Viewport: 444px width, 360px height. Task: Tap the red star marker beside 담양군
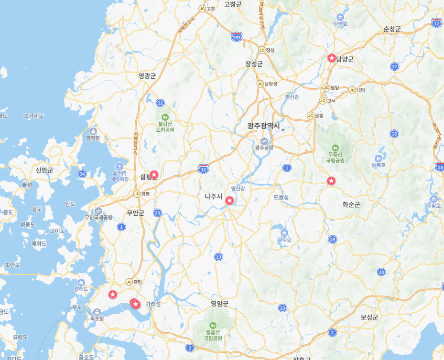[332, 58]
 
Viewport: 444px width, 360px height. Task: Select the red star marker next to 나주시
[230, 201]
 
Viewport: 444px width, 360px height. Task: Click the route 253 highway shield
[236, 37]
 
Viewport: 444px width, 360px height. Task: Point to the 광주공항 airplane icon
[264, 140]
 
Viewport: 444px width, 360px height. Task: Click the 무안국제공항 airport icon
[98, 211]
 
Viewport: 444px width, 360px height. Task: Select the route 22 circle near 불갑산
[160, 103]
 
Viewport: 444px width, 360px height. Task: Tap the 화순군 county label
[351, 204]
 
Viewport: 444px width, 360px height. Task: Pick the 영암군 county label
[220, 303]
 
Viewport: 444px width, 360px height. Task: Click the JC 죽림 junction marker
[129, 282]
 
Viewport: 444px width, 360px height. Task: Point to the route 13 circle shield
[218, 257]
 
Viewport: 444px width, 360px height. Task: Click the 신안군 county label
[44, 170]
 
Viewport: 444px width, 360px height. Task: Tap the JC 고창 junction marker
[202, 9]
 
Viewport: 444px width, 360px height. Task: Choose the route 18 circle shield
[381, 272]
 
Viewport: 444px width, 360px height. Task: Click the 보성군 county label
[369, 317]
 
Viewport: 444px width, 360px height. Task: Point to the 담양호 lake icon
[340, 15]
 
